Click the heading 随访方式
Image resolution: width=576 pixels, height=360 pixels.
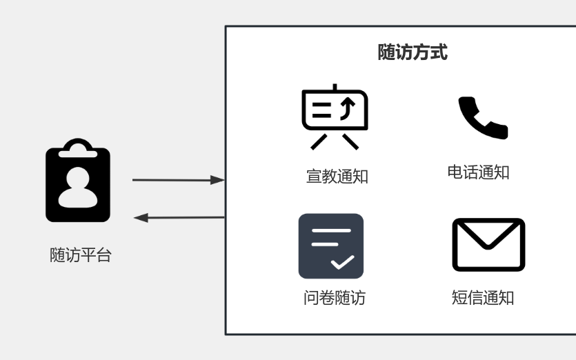click(413, 52)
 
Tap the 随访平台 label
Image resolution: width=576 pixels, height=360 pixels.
click(81, 254)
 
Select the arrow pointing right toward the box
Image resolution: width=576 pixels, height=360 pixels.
click(178, 180)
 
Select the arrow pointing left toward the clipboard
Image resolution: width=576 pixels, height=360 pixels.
click(179, 218)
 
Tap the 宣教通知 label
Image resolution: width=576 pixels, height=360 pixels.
click(337, 177)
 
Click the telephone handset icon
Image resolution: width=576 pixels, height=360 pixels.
click(482, 118)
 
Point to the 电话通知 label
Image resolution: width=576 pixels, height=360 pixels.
click(478, 172)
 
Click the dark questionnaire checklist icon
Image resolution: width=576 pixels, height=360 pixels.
click(330, 246)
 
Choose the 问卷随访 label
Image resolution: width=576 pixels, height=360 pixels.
click(334, 298)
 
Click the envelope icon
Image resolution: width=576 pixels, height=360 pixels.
click(488, 245)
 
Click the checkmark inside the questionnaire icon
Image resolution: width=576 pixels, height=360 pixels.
click(342, 262)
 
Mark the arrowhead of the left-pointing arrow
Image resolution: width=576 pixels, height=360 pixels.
click(141, 218)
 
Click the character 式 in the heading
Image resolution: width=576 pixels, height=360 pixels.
click(439, 52)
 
